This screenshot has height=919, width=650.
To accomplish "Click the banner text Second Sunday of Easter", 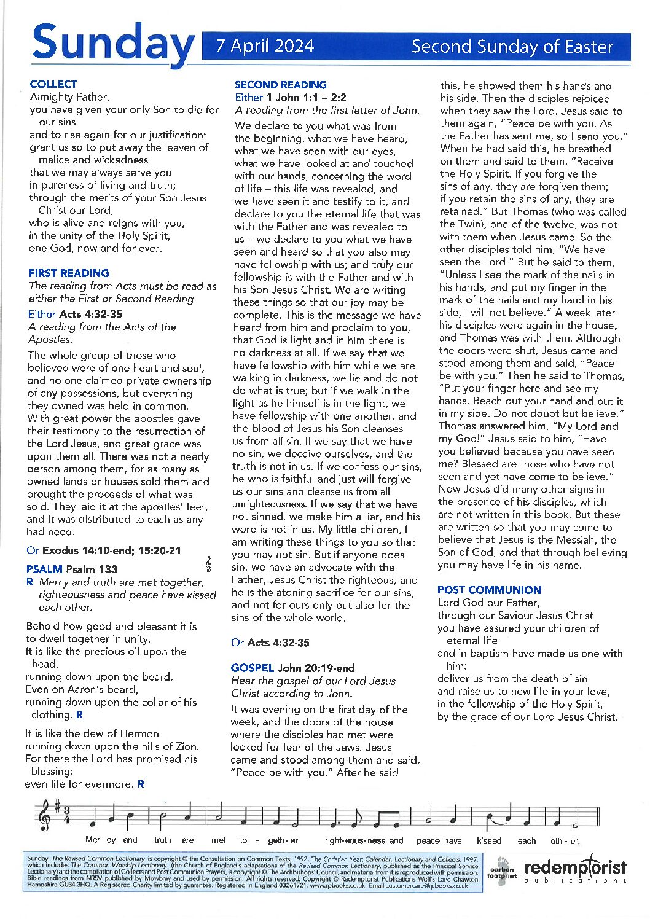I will tap(512, 47).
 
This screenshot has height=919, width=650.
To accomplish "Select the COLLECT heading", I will tap(53, 84).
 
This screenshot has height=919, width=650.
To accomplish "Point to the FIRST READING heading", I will tap(69, 273).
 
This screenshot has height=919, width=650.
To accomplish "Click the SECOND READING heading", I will tap(280, 85).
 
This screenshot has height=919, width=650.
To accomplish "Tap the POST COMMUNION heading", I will tap(489, 590).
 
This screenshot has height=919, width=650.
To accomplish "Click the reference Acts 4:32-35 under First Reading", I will tap(90, 314).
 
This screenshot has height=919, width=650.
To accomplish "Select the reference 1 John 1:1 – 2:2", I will tap(306, 98).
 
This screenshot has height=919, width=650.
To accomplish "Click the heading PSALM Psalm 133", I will tap(71, 569).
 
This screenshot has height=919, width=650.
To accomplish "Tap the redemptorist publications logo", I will tap(574, 869).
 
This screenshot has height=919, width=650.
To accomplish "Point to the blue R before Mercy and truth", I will tap(30, 582).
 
